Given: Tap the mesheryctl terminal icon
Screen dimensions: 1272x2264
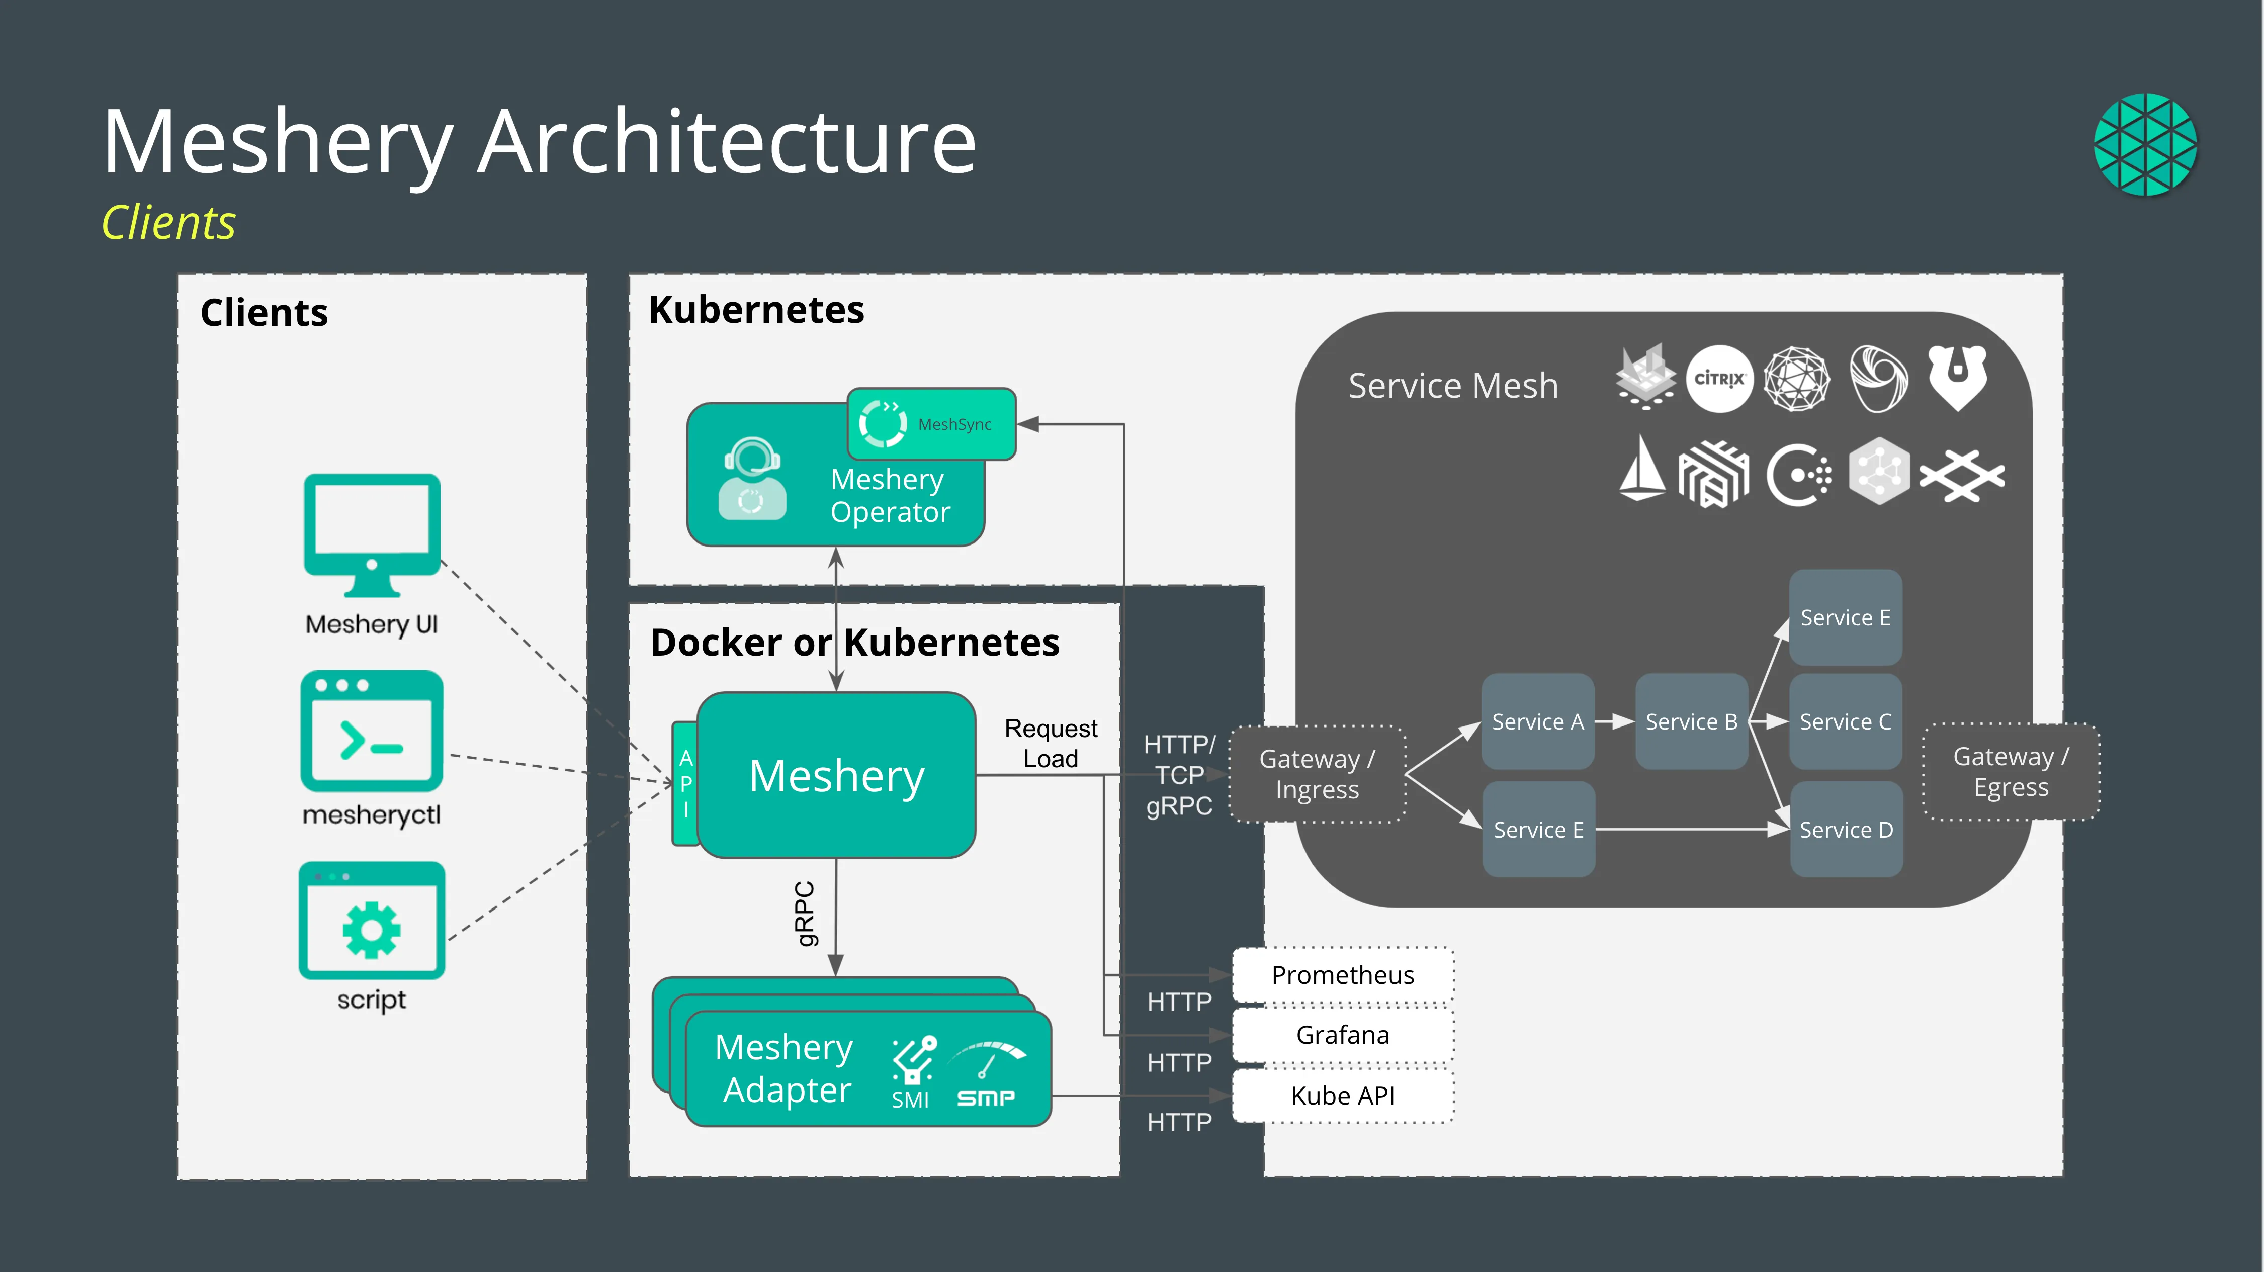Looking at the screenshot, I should coord(372,731).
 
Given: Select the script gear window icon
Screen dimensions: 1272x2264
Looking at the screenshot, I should coord(372,921).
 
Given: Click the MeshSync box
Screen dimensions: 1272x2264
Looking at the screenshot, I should coord(932,424).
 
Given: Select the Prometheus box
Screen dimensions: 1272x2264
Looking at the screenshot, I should coord(1343,975).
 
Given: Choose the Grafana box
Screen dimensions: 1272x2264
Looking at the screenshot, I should coord(1343,1035).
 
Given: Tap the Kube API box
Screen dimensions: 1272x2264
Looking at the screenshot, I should coord(1343,1096).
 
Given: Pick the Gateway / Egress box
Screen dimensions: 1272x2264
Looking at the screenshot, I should coord(2011,772).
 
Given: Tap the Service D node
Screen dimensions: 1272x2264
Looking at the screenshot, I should coord(1846,829).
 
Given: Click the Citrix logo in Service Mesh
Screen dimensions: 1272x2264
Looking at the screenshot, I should coord(1719,379).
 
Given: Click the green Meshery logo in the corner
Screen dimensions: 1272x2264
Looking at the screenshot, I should coord(2145,144).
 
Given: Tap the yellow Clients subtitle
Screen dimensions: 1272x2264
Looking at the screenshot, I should coord(169,222).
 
